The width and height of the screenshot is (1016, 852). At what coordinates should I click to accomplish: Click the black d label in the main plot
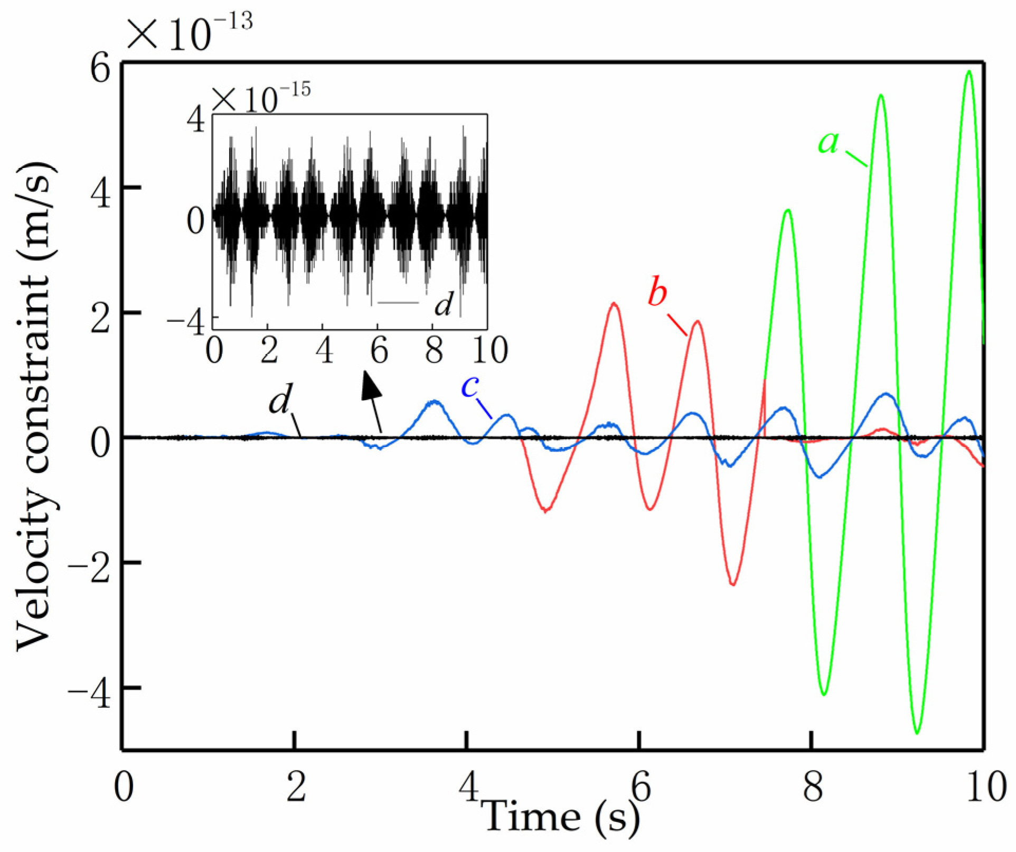pos(280,401)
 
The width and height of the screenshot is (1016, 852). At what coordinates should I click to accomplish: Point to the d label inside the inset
pos(443,304)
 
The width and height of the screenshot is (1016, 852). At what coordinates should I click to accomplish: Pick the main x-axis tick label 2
pos(296,788)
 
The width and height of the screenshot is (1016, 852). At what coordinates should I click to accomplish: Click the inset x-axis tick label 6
pos(379,350)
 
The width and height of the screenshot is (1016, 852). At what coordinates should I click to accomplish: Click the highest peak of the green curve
pos(969,71)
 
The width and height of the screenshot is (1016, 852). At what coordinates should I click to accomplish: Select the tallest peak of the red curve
pos(614,303)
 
